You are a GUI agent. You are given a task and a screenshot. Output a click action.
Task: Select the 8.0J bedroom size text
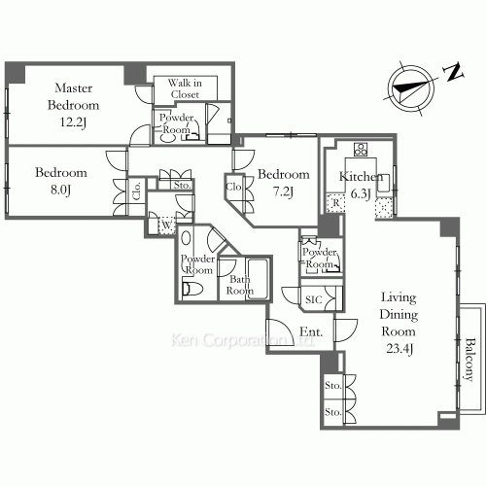[x=61, y=191]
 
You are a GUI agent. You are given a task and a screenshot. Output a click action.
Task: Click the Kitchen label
[x=359, y=176]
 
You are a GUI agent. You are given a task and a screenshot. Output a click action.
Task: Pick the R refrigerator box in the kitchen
[x=336, y=203]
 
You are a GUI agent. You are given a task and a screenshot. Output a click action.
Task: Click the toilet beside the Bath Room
[x=193, y=287]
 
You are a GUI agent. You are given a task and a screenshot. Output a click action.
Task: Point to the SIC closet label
[x=314, y=300]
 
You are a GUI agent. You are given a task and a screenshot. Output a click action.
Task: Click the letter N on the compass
[x=450, y=71]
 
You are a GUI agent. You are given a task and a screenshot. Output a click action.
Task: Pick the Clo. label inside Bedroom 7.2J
[x=234, y=186]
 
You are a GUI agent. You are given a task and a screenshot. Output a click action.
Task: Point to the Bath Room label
[x=238, y=284]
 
